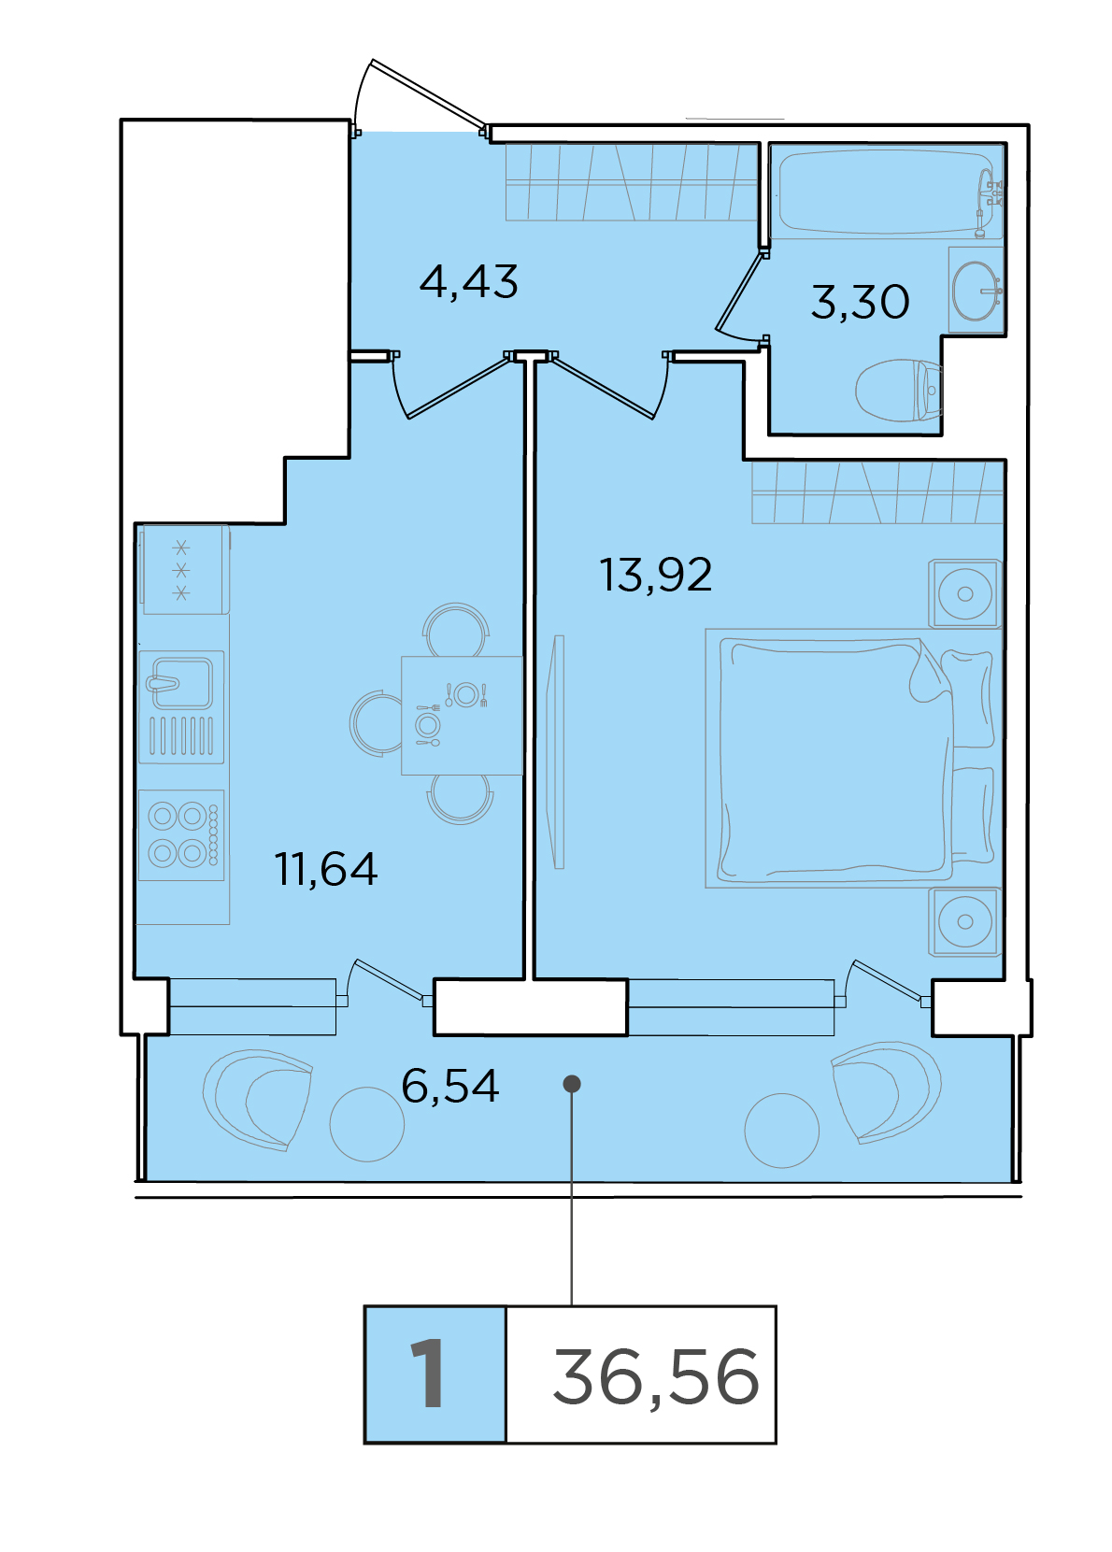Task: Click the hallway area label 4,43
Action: pyautogui.click(x=468, y=283)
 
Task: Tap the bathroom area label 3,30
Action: pyautogui.click(x=860, y=302)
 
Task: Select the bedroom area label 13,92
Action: pyautogui.click(x=655, y=575)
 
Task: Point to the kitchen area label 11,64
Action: pyautogui.click(x=326, y=869)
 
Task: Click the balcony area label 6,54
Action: pyautogui.click(x=450, y=1086)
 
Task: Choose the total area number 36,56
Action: pyautogui.click(x=655, y=1376)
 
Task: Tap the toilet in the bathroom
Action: pyautogui.click(x=899, y=390)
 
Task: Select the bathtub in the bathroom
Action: pyautogui.click(x=888, y=192)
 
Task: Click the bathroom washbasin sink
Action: pyautogui.click(x=977, y=291)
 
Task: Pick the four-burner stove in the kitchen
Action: pyautogui.click(x=181, y=835)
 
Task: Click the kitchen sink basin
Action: pyautogui.click(x=181, y=706)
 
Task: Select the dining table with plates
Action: pyautogui.click(x=462, y=715)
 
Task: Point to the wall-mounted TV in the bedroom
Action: pyautogui.click(x=556, y=751)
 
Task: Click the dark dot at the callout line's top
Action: pyautogui.click(x=572, y=1084)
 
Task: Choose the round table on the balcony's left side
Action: pyautogui.click(x=366, y=1124)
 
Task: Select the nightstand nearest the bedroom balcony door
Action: pyautogui.click(x=964, y=921)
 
